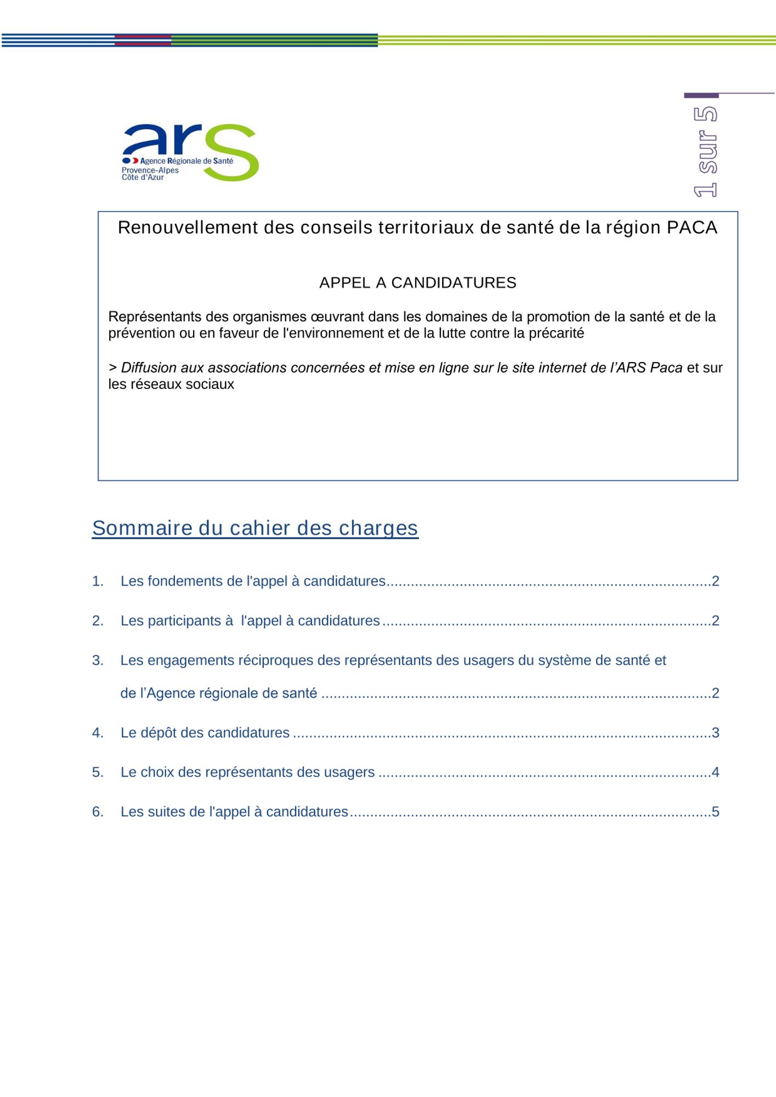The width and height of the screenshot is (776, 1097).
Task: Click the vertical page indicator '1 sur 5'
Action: [705, 152]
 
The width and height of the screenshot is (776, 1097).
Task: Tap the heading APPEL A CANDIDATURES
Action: [417, 282]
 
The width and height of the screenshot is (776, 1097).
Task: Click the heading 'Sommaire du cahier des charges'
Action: [255, 528]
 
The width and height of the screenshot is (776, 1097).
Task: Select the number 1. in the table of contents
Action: [98, 581]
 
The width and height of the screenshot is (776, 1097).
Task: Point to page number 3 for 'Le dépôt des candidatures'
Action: [715, 732]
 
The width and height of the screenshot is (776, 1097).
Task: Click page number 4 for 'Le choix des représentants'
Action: [715, 772]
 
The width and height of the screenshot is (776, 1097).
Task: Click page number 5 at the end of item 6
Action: [715, 811]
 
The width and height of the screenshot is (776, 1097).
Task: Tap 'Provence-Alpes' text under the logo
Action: [150, 170]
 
